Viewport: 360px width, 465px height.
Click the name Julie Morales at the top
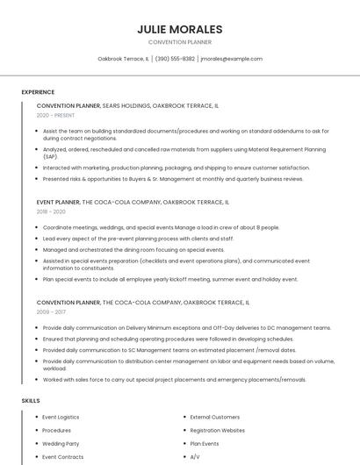pyautogui.click(x=180, y=29)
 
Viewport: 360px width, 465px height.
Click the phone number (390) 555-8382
pyautogui.click(x=175, y=59)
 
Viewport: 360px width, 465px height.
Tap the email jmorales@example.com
pyautogui.click(x=232, y=59)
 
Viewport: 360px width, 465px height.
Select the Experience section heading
pyautogui.click(x=38, y=92)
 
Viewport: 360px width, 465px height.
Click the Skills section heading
pyautogui.click(x=31, y=400)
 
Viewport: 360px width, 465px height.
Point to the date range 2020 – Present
pyautogui.click(x=55, y=115)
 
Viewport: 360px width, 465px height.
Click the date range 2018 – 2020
pyautogui.click(x=51, y=211)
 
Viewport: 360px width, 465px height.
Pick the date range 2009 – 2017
pyautogui.click(x=51, y=311)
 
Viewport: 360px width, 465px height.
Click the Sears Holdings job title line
pyautogui.click(x=128, y=104)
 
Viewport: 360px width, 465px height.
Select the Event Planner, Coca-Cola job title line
pyautogui.click(x=133, y=202)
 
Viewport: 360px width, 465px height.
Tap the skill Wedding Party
pyautogui.click(x=61, y=444)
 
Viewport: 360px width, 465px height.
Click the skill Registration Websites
pyautogui.click(x=217, y=431)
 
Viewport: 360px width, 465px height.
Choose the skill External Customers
pyautogui.click(x=214, y=417)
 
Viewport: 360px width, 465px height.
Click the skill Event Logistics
pyautogui.click(x=61, y=417)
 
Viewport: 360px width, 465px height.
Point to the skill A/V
pyautogui.click(x=195, y=457)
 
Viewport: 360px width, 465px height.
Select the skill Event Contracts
pyautogui.click(x=62, y=457)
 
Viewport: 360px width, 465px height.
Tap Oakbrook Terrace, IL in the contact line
pyautogui.click(x=123, y=59)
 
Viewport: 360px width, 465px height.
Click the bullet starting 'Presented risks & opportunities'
pyautogui.click(x=173, y=179)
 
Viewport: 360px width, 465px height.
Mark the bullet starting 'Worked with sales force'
pyautogui.click(x=174, y=380)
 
